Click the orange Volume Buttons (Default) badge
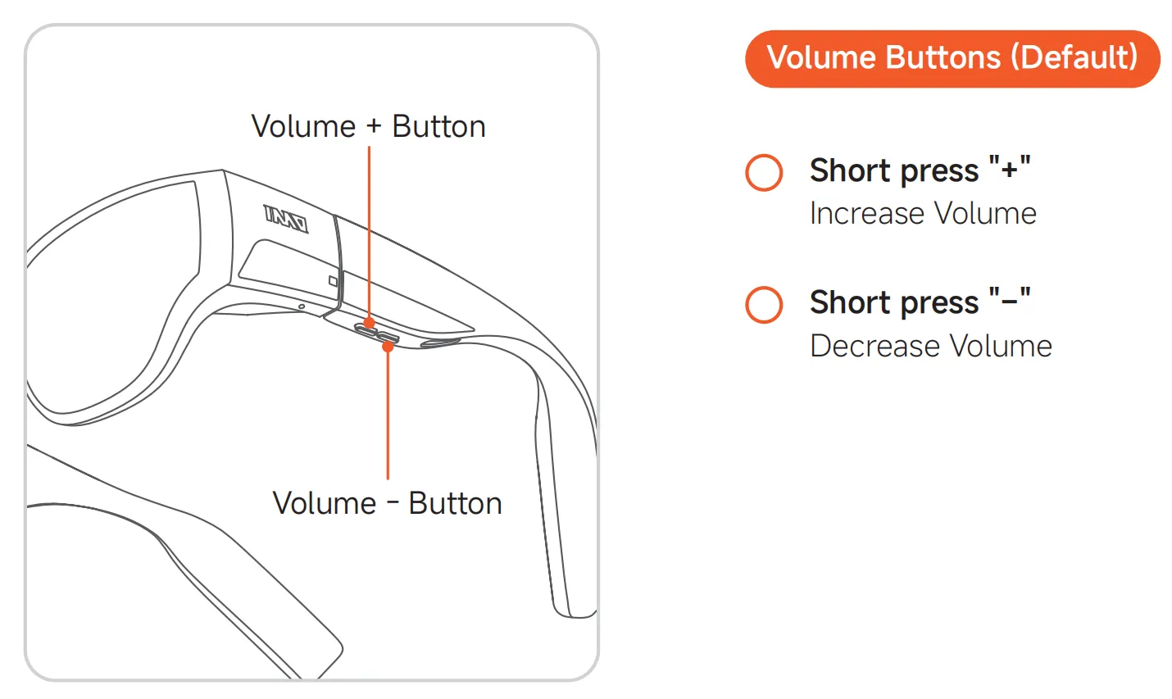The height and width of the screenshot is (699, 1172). coord(952,58)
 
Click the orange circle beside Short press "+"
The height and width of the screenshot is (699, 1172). coord(764,172)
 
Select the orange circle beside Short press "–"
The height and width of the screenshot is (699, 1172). coord(764,304)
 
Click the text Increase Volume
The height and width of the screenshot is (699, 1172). coord(923,214)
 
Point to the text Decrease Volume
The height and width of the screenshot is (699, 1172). coord(930,346)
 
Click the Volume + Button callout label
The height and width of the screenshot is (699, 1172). coord(368,127)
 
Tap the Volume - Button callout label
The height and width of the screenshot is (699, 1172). coord(387,503)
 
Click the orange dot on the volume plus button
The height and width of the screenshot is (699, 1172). coord(369,324)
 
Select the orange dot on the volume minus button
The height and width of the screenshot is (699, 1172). coord(388,347)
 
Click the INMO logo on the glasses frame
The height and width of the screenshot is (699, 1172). coord(285,218)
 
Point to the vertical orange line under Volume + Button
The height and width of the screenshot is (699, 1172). coord(369,229)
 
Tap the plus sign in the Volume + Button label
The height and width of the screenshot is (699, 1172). coord(374,127)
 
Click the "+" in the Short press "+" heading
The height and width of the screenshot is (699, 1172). coord(1009,170)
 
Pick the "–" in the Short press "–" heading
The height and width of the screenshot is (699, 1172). coord(1009,302)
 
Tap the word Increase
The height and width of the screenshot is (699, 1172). coord(867,214)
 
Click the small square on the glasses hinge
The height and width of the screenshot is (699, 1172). coord(333,281)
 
